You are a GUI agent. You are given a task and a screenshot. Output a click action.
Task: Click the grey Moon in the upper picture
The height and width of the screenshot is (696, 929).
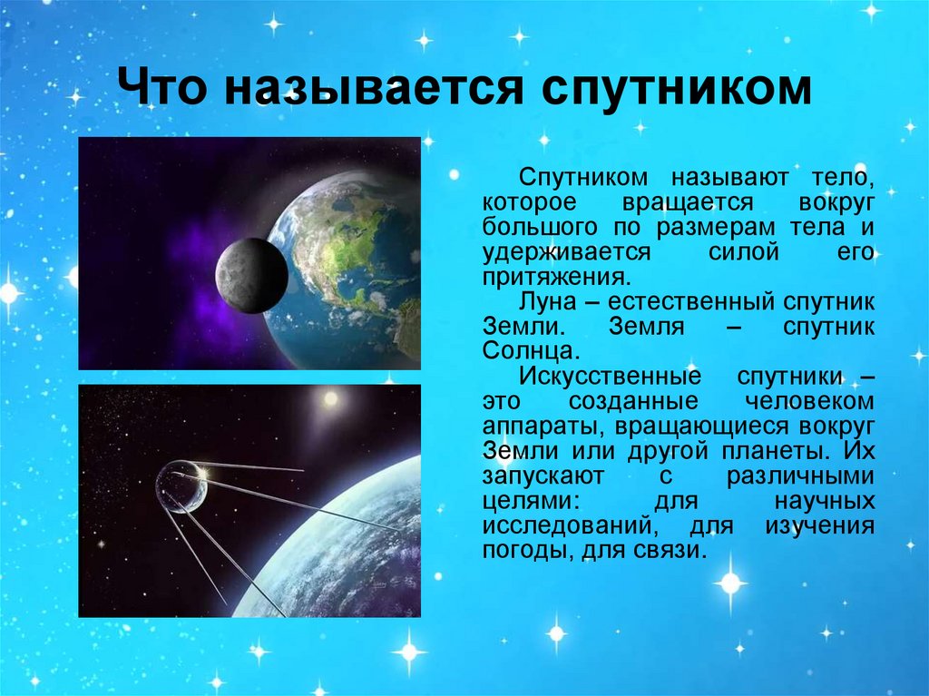(252, 275)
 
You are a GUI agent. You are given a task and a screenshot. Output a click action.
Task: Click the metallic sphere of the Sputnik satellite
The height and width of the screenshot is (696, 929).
(181, 487)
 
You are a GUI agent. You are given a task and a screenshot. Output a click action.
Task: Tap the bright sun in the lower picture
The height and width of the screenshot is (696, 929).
(330, 399)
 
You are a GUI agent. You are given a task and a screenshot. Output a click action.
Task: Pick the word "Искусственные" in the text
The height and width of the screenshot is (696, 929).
(611, 376)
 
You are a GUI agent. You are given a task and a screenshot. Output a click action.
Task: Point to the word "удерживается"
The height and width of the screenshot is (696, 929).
(567, 253)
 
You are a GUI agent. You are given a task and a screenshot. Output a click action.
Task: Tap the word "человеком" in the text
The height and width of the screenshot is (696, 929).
(809, 401)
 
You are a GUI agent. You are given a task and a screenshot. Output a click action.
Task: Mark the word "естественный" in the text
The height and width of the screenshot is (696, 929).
(690, 302)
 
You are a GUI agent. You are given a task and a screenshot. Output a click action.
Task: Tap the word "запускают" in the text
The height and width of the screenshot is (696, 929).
(543, 476)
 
